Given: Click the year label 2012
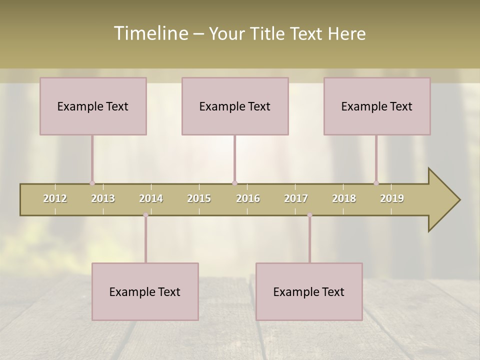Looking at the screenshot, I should click(55, 199).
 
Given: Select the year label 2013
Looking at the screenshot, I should click(103, 199).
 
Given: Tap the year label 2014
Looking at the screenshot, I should click(151, 199).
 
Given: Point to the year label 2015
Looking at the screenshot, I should click(199, 199).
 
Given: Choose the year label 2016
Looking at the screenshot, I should click(248, 199).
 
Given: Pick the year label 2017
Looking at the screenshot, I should click(296, 199).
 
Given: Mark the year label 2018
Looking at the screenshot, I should click(344, 199).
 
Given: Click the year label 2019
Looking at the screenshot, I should click(392, 199).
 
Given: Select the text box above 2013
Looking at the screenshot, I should click(93, 106).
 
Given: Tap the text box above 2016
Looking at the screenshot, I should click(235, 106).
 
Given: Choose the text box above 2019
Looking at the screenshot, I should click(377, 106).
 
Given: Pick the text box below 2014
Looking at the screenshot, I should click(145, 291).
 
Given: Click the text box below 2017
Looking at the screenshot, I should click(309, 291).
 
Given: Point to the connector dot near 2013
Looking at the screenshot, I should click(92, 183).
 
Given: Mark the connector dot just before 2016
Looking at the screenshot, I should click(234, 183).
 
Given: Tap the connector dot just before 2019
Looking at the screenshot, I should click(376, 183).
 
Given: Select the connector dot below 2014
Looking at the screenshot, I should click(145, 215).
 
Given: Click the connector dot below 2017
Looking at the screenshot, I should click(309, 215).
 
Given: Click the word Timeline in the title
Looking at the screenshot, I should click(150, 33).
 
